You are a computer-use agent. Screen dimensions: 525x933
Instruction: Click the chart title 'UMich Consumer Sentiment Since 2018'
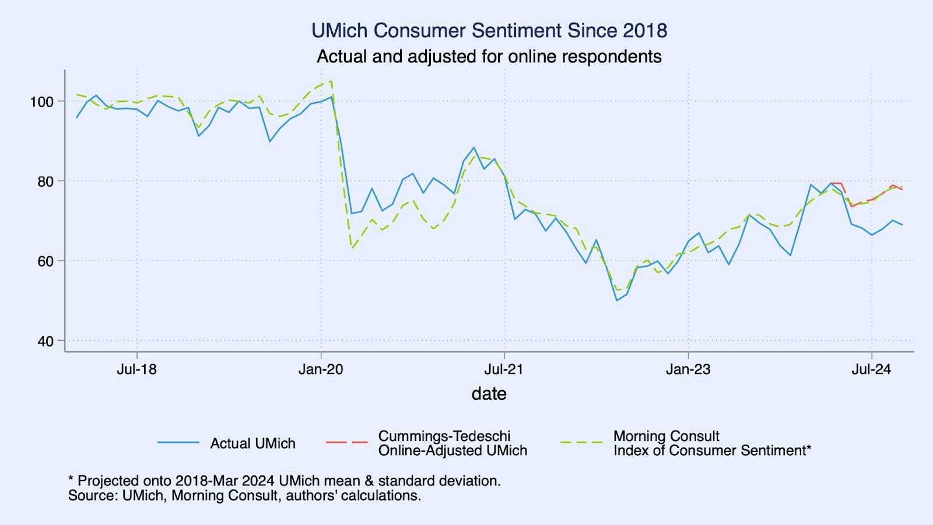click(x=489, y=30)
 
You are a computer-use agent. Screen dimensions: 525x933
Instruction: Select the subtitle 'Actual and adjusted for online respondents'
click(x=489, y=57)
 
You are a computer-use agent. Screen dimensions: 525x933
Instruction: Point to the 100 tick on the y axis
click(x=42, y=101)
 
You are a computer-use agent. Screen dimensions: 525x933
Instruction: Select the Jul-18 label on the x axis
click(x=136, y=369)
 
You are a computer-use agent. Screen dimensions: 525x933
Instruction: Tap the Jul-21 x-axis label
click(x=504, y=369)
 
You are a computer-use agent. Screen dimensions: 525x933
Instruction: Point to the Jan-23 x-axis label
click(x=688, y=369)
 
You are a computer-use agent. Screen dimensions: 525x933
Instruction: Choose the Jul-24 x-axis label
click(x=871, y=369)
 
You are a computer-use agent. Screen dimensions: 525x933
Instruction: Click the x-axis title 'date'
click(x=489, y=394)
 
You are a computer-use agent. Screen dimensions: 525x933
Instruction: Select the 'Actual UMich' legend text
click(x=252, y=443)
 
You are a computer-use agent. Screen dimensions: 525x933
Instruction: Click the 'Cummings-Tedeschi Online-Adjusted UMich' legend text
click(x=453, y=443)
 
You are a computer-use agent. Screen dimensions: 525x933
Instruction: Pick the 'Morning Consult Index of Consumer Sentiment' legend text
click(x=711, y=443)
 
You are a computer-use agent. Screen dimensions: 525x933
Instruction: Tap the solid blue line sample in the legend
click(x=178, y=443)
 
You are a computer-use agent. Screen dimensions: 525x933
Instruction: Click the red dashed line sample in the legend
click(x=346, y=443)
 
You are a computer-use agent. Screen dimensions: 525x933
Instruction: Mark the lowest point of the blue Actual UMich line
click(x=616, y=300)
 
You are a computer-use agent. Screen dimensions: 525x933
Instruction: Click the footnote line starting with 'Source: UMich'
click(x=244, y=496)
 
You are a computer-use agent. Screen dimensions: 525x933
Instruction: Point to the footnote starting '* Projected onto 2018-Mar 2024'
click(x=284, y=481)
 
